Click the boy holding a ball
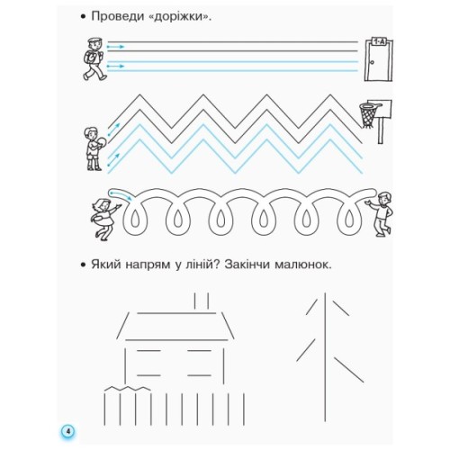pos(92,146)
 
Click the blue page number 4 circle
pos(67,432)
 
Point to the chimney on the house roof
pos(202,299)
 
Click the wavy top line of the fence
pos(126,389)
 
